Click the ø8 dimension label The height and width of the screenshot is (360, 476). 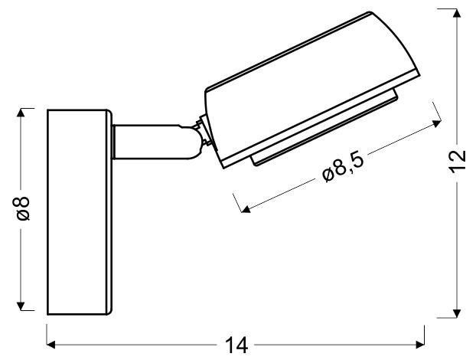24,208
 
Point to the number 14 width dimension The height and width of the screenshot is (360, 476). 238,346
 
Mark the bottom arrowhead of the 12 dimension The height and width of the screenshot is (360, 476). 458,310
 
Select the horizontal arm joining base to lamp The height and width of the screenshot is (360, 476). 149,143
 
